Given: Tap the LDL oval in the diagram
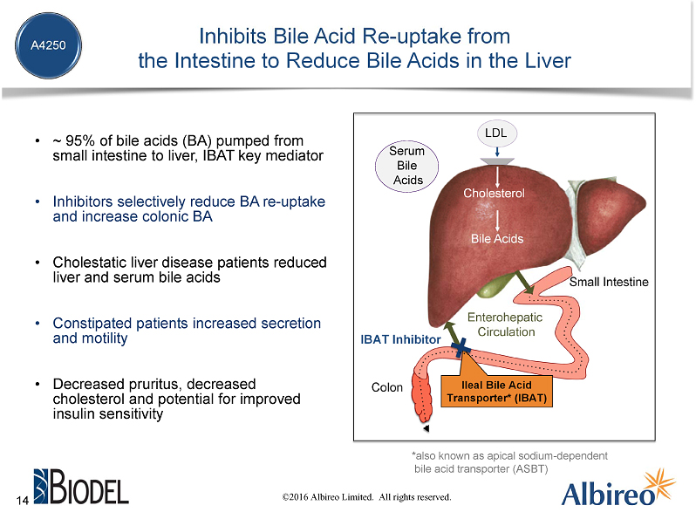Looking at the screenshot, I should (495, 133).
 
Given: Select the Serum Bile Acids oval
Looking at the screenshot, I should (406, 166).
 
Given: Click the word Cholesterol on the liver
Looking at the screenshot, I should (494, 193).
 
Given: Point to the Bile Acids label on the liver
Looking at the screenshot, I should (496, 237).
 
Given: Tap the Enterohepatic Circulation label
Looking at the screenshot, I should (505, 324).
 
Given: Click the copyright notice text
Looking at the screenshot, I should (365, 497).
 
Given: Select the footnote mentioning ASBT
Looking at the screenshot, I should (508, 462).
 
